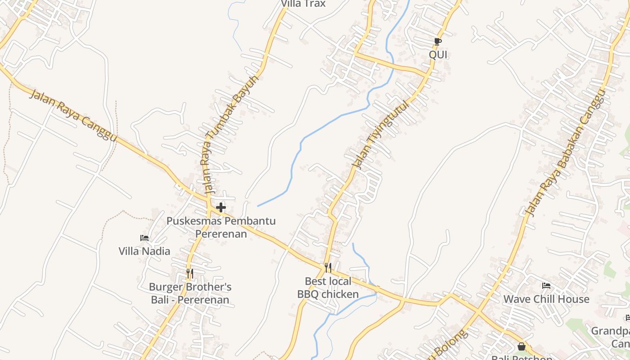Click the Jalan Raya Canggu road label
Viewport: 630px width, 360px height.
(x=73, y=115)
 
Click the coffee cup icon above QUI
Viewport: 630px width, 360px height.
(x=437, y=42)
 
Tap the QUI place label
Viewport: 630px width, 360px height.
(x=438, y=55)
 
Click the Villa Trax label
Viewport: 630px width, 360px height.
(x=303, y=4)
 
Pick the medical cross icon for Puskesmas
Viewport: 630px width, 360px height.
(x=221, y=207)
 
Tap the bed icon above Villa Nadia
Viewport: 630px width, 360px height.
(x=144, y=238)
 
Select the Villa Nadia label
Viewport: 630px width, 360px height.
(x=144, y=251)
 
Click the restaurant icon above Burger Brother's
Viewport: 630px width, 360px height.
(x=190, y=274)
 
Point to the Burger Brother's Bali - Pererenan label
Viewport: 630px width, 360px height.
(x=190, y=293)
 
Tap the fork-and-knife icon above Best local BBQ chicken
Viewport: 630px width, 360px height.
(x=328, y=268)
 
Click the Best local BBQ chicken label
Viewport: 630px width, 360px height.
(x=328, y=288)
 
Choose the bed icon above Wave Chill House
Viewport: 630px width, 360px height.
(x=546, y=286)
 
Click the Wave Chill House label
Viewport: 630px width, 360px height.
(x=546, y=299)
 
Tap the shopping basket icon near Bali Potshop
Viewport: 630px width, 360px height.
(x=522, y=346)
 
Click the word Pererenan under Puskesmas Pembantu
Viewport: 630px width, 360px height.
(x=221, y=234)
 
